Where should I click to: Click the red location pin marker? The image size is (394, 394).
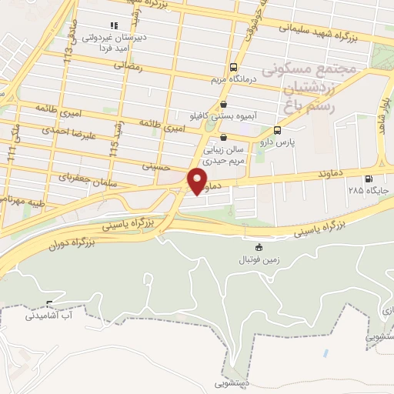(197, 181)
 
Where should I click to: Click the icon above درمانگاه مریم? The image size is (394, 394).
(234, 67)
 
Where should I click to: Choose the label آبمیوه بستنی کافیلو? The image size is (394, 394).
(223, 117)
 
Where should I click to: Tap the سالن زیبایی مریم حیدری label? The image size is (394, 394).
(224, 157)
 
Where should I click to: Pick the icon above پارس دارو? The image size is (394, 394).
(277, 131)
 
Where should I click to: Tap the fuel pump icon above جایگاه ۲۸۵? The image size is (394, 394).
(378, 179)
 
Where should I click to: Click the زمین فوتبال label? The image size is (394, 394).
(258, 260)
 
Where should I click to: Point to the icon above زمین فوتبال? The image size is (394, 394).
(258, 248)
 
